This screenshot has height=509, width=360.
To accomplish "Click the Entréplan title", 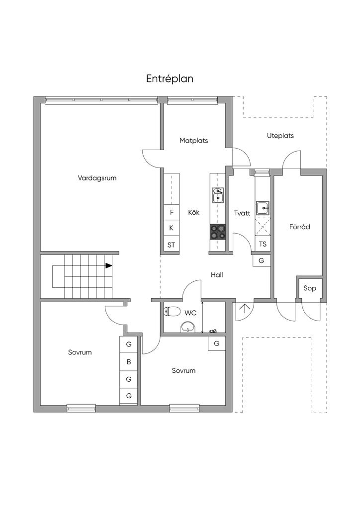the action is click(x=170, y=79).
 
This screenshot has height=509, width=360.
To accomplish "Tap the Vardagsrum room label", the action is click(x=97, y=178).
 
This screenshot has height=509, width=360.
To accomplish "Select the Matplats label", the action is click(x=193, y=141).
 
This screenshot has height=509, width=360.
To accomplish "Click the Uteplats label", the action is click(x=280, y=136).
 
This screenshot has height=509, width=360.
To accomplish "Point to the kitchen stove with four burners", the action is click(x=217, y=232).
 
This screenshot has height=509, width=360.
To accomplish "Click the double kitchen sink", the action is click(x=218, y=195).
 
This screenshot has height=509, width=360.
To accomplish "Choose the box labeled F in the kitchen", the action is click(x=172, y=212).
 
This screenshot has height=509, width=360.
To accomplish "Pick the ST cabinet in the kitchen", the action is click(x=172, y=245).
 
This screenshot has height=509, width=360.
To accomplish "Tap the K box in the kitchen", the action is click(x=172, y=228).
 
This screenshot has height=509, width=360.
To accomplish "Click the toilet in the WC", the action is click(x=172, y=311).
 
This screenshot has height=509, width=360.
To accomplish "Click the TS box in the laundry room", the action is click(x=263, y=244).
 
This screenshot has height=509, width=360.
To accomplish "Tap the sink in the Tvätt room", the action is click(x=263, y=208).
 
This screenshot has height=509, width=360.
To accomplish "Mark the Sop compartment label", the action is click(x=310, y=288).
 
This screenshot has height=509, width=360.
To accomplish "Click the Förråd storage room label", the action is click(x=300, y=227).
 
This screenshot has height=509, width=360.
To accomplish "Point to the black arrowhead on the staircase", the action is click(x=109, y=265).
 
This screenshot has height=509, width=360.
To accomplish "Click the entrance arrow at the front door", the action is click(x=244, y=309).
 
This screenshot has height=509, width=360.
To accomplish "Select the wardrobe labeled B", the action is click(x=129, y=362).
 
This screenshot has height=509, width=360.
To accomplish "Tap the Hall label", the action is click(x=217, y=275).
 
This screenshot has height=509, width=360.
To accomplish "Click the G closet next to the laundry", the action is click(x=262, y=260).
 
